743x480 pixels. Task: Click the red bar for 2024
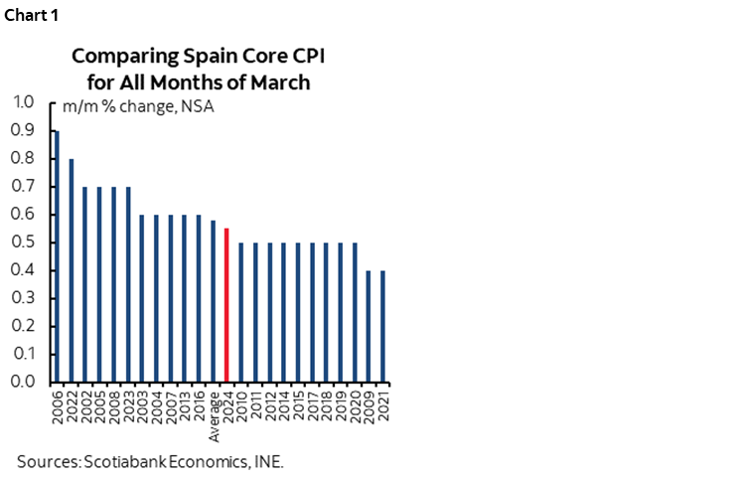pos(226,305)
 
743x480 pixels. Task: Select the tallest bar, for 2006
pos(57,256)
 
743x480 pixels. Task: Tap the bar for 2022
pos(71,270)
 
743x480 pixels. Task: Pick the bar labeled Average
pos(213,301)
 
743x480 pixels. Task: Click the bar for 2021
pos(382,326)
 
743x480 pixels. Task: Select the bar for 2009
pos(369,326)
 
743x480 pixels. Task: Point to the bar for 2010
pos(241,312)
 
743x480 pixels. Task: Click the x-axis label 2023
pos(128,402)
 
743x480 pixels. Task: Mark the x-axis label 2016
pos(199,402)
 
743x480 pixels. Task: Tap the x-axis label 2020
pos(355,402)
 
